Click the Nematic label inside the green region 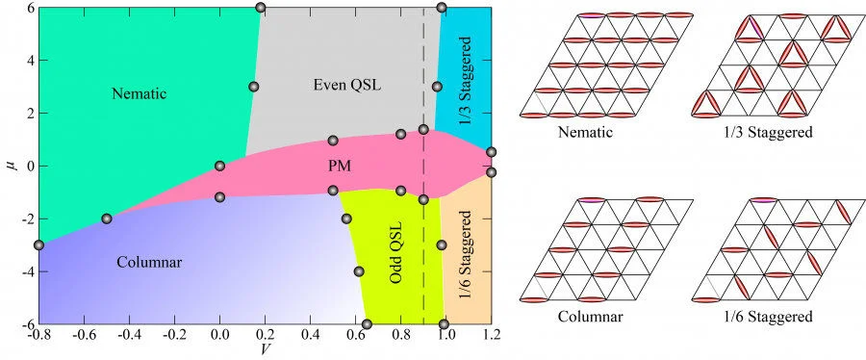[x=139, y=93]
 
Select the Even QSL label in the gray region [x=347, y=85]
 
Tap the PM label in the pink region [x=339, y=166]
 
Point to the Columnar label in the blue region [x=149, y=261]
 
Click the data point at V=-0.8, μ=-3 [x=38, y=245]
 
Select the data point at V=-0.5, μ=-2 [x=107, y=219]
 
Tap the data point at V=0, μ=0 [x=220, y=166]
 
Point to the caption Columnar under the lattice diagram [x=585, y=316]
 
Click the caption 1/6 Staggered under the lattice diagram [x=767, y=316]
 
